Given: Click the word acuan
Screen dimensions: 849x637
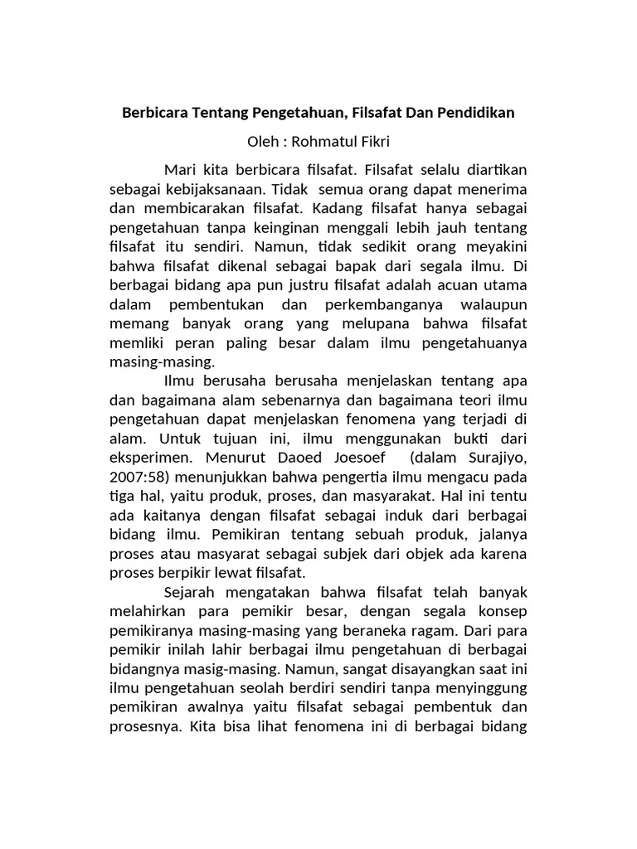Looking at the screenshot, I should point(441,285).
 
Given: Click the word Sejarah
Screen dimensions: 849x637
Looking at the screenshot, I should point(189,593).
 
